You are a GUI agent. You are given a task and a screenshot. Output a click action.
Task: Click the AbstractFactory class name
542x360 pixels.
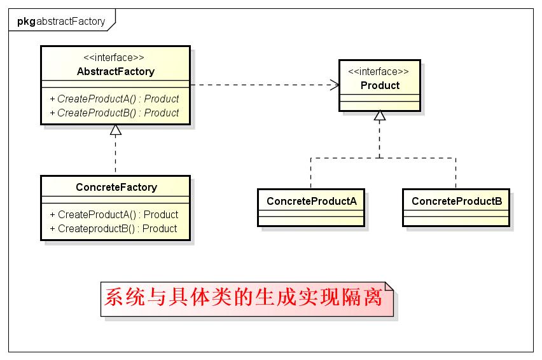point(115,71)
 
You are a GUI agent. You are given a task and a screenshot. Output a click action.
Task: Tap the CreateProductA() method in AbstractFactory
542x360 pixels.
point(114,99)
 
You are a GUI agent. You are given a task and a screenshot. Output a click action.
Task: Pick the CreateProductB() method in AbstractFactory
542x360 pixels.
point(114,113)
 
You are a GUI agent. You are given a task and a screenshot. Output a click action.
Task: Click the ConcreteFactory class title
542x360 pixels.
point(116,187)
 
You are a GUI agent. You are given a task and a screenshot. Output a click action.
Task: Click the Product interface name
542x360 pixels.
point(380,85)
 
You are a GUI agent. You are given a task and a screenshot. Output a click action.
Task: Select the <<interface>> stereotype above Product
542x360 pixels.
point(380,72)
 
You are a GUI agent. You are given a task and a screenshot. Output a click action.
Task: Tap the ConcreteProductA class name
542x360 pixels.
point(311,201)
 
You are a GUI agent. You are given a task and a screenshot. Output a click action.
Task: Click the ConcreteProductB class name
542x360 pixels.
point(456,201)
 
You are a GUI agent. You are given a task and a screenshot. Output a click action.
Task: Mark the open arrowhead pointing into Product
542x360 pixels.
point(334,85)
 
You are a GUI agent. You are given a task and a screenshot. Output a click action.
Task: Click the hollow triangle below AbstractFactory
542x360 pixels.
point(115,130)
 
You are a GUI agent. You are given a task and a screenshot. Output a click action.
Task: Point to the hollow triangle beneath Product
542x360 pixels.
point(380,116)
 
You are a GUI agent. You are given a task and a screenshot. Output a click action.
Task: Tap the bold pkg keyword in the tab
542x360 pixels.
point(26,21)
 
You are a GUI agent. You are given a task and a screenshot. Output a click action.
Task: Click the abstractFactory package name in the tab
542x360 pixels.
point(71,21)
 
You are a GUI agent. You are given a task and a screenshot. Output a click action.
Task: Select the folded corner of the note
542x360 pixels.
point(389,287)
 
